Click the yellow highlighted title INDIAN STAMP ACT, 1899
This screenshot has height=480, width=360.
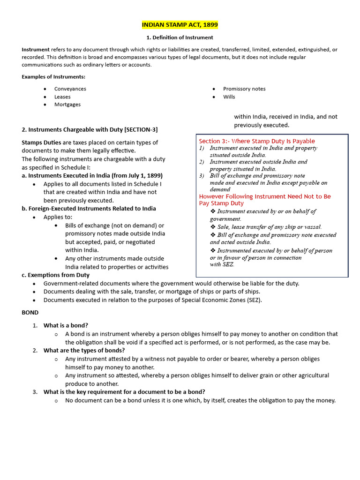click(x=180, y=24)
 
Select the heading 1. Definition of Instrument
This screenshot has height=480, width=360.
click(x=180, y=37)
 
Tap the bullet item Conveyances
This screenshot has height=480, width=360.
click(x=70, y=89)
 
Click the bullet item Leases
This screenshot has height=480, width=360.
click(x=62, y=97)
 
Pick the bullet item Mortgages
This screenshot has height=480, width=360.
click(x=67, y=105)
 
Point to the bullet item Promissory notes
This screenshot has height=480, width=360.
click(x=244, y=89)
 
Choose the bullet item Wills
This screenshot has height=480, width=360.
click(x=229, y=97)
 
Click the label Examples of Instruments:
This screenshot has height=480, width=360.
click(x=53, y=77)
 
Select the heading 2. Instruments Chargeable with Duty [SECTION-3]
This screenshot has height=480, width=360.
click(x=90, y=129)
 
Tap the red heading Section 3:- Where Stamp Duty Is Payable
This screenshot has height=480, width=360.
click(x=257, y=141)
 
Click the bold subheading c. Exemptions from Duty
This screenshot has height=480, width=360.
click(x=55, y=275)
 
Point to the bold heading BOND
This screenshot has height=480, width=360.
click(x=30, y=312)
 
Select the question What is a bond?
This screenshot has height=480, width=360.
click(x=66, y=325)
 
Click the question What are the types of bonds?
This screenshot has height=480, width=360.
click(x=84, y=350)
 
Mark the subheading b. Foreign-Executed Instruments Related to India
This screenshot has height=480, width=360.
click(x=89, y=209)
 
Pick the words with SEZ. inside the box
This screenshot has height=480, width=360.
click(x=222, y=264)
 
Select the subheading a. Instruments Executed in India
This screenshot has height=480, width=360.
click(x=92, y=175)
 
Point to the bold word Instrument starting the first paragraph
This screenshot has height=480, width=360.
click(x=36, y=50)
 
